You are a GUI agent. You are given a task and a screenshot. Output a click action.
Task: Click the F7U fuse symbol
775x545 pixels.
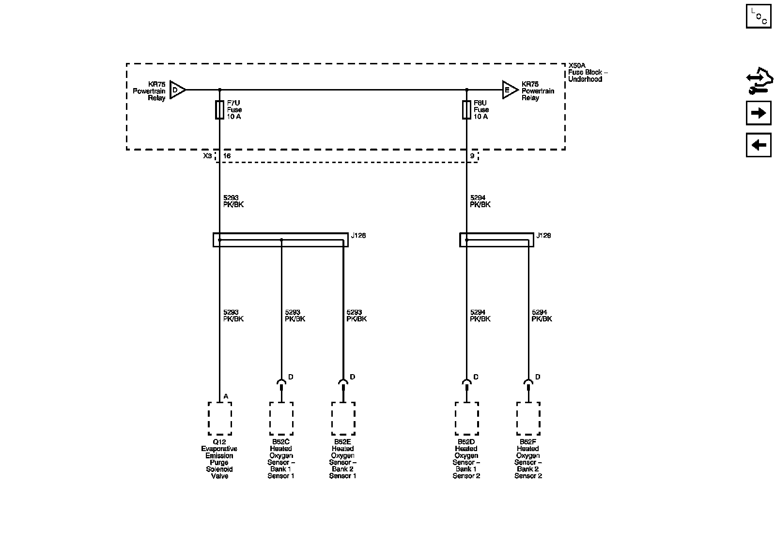point(220,110)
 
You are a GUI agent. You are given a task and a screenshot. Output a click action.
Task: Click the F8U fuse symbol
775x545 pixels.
point(467,110)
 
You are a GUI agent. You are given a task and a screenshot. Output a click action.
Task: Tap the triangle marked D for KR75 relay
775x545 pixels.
point(177,90)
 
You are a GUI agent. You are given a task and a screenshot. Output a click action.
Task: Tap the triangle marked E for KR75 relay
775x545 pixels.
point(510,90)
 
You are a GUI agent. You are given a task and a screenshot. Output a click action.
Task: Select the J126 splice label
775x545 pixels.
point(359,236)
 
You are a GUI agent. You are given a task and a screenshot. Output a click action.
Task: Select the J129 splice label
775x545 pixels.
point(544,236)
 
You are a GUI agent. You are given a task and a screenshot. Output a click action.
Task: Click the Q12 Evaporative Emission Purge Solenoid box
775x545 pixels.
point(220,419)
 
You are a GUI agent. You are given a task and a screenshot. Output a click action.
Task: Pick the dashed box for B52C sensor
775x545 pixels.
point(281,419)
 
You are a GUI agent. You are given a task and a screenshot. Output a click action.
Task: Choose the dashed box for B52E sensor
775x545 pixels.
point(343,419)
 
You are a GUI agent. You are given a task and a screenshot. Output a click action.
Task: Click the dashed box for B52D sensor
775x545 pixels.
point(467,419)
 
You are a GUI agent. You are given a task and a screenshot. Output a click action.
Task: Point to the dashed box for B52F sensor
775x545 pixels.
point(528,419)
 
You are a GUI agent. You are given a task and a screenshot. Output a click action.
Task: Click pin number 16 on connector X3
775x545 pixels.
point(227,156)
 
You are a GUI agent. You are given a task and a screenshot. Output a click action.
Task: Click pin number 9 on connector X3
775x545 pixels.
point(472,156)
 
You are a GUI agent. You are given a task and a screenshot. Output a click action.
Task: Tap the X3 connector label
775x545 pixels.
point(207,156)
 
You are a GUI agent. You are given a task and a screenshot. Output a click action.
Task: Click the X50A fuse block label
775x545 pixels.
point(588,72)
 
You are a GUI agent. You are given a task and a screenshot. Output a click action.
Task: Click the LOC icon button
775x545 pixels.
point(758,16)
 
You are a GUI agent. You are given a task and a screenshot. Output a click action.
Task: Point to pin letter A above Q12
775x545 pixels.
point(226,396)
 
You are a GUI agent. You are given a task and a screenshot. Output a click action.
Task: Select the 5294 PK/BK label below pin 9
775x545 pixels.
point(480,201)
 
